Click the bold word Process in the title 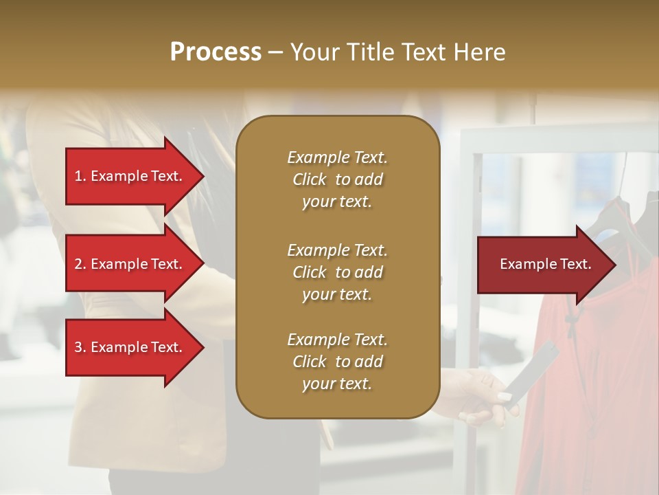tap(216, 52)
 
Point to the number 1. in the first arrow tap(80, 176)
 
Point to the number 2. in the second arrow tap(80, 264)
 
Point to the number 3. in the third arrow tap(80, 347)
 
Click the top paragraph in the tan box tap(337, 179)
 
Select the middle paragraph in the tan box tap(337, 272)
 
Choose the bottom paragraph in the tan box tap(337, 362)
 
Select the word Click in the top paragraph tap(309, 179)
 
